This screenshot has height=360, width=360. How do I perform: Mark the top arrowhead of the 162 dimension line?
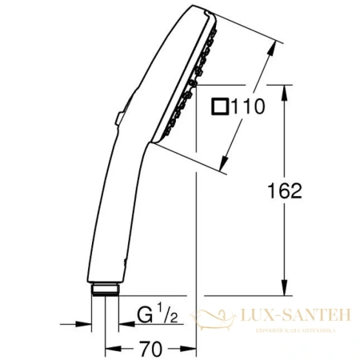click(x=282, y=88)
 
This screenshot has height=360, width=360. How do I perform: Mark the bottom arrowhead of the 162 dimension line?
click(x=282, y=293)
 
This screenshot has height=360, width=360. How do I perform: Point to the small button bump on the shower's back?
click(x=117, y=120)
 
